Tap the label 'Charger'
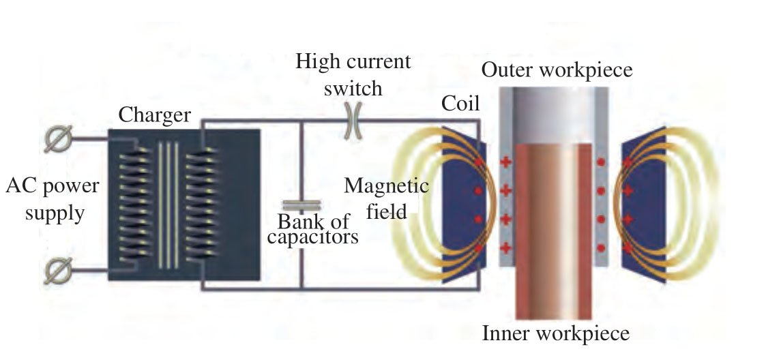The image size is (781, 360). click(x=154, y=115)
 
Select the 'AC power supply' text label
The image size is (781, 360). click(x=53, y=200)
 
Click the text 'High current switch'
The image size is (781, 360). click(x=353, y=74)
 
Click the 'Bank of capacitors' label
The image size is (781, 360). click(x=314, y=229)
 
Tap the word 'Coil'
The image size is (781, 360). click(x=460, y=104)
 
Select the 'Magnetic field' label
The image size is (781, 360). click(x=387, y=198)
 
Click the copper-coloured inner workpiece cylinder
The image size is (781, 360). click(x=553, y=232)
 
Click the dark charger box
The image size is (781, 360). click(x=232, y=205)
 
